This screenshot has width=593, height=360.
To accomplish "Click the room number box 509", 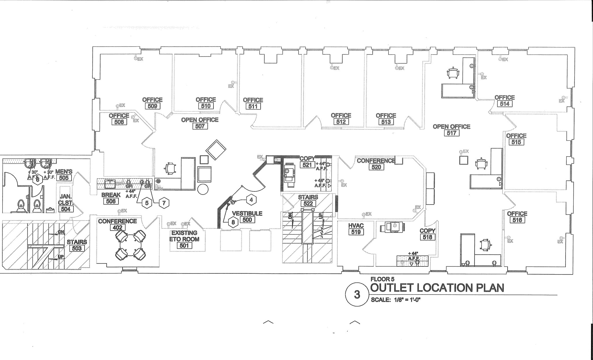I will (x=152, y=106).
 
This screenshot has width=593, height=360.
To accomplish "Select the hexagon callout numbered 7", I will (x=164, y=203).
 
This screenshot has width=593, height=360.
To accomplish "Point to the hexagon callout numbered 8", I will (x=233, y=222).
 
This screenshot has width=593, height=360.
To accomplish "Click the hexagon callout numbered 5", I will (x=147, y=203).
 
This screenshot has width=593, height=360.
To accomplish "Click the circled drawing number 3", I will (x=357, y=294).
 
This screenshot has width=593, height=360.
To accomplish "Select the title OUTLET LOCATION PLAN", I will (x=437, y=288).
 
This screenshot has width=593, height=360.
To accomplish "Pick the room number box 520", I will (x=376, y=167).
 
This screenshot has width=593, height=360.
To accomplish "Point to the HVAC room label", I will (x=356, y=226).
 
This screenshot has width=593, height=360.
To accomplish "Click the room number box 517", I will (x=451, y=133).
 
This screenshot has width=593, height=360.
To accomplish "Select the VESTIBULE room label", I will (x=247, y=213).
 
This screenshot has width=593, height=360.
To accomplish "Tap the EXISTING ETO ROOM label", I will (x=184, y=236).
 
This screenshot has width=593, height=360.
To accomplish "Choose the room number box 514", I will (x=504, y=104).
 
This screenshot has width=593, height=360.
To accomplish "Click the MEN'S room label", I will (x=64, y=171).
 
